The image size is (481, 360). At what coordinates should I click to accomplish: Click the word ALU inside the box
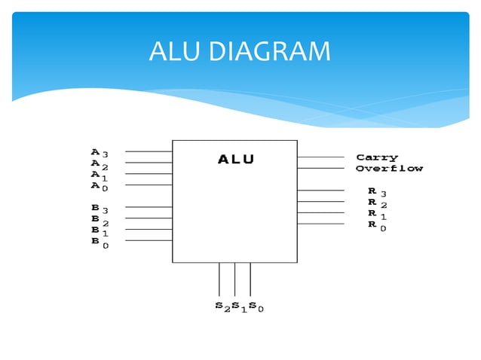(236, 159)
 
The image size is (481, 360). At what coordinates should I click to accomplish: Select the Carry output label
(377, 157)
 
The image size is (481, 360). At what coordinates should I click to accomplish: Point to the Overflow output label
(389, 169)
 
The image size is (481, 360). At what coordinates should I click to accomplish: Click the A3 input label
(100, 152)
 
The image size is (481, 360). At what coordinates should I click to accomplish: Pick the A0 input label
(100, 186)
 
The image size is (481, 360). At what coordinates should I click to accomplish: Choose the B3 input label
(100, 208)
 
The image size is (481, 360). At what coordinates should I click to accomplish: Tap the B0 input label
(100, 243)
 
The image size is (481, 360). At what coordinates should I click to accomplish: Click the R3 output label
(377, 192)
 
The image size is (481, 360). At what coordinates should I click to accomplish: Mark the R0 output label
(377, 225)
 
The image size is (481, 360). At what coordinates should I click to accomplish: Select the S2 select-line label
(222, 307)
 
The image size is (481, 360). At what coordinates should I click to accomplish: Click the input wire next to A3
(149, 151)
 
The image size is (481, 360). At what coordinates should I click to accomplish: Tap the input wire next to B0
(149, 240)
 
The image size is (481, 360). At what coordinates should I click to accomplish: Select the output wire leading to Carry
(320, 157)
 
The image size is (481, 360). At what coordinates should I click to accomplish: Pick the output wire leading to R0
(320, 224)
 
